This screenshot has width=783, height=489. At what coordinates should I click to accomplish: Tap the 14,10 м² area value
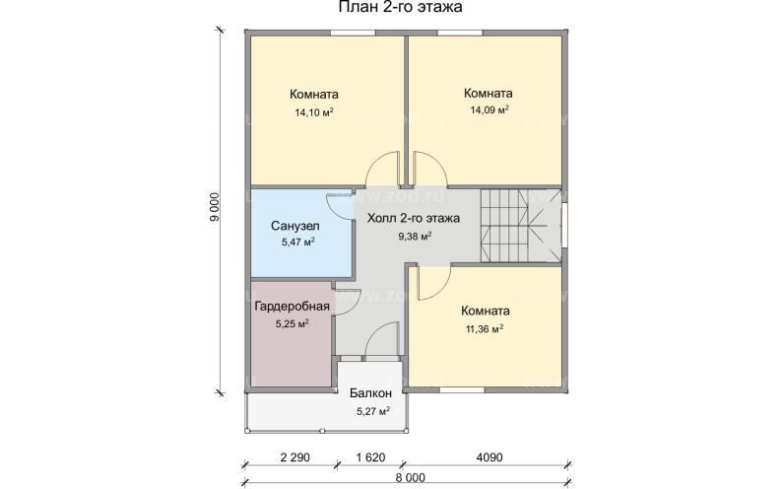313,112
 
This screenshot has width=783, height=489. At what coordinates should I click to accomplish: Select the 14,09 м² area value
489,110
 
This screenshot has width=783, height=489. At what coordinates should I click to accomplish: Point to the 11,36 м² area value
484,328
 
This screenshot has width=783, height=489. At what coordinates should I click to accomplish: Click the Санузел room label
294,225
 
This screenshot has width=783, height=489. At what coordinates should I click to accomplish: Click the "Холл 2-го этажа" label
414,218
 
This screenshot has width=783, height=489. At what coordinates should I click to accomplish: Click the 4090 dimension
486,458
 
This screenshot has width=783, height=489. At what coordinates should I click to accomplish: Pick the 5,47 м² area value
294,242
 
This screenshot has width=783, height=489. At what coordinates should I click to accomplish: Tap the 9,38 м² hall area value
414,236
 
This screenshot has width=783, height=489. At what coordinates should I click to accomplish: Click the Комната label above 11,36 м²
485,310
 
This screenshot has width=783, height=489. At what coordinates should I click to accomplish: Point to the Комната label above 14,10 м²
313,96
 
